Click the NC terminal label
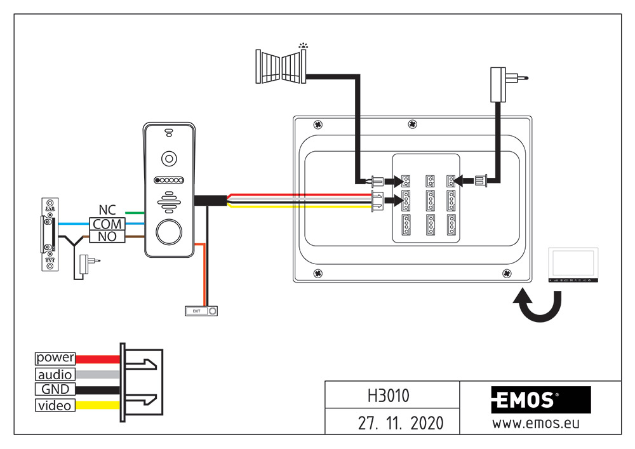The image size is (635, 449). click(x=107, y=210)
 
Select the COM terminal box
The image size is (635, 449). click(x=107, y=224)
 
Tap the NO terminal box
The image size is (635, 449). click(x=107, y=237)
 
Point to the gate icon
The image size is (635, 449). click(x=281, y=65)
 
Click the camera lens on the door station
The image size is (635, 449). click(x=169, y=158)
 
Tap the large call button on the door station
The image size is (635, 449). click(x=169, y=232)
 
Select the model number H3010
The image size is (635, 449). click(x=389, y=396)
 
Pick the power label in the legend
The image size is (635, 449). click(x=55, y=358)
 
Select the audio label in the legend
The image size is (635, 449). click(x=55, y=375)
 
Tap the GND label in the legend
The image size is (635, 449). click(x=55, y=390)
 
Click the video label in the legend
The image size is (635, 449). click(x=55, y=406)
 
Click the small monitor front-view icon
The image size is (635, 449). click(x=573, y=265)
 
